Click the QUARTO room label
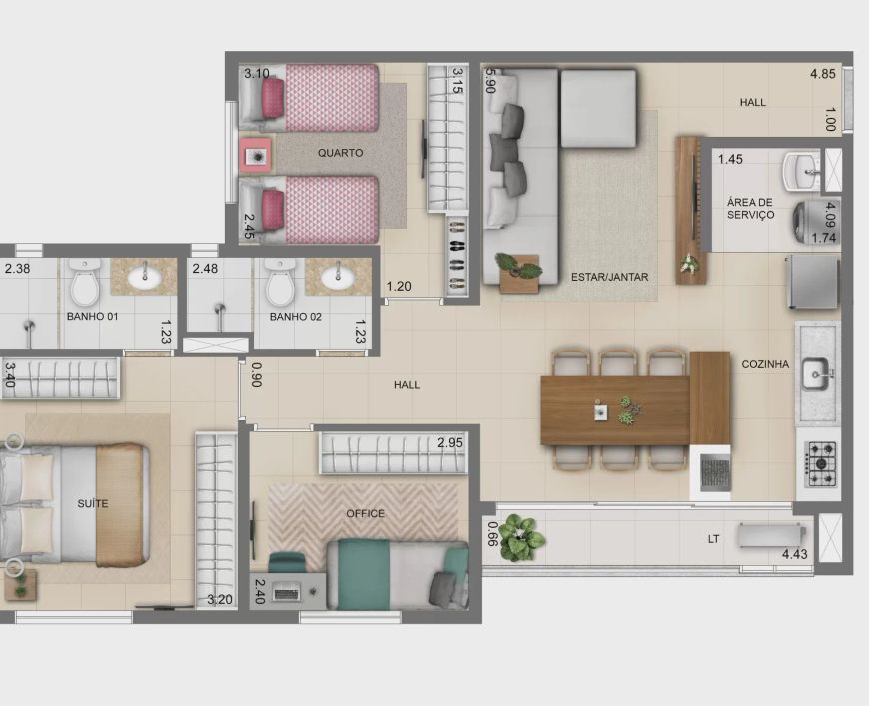click(340, 153)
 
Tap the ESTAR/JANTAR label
click(609, 277)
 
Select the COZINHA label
click(765, 364)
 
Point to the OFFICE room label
click(365, 513)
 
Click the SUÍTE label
click(93, 503)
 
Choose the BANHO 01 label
click(93, 316)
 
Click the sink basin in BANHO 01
click(145, 277)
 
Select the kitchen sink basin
click(815, 375)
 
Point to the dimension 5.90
click(489, 80)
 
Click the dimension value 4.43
click(795, 554)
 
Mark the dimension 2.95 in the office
click(450, 442)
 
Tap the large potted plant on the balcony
click(519, 536)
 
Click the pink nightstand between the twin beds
click(256, 156)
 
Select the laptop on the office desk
click(286, 593)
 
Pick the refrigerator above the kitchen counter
click(812, 282)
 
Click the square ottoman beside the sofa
click(598, 108)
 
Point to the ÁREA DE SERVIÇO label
click(750, 209)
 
